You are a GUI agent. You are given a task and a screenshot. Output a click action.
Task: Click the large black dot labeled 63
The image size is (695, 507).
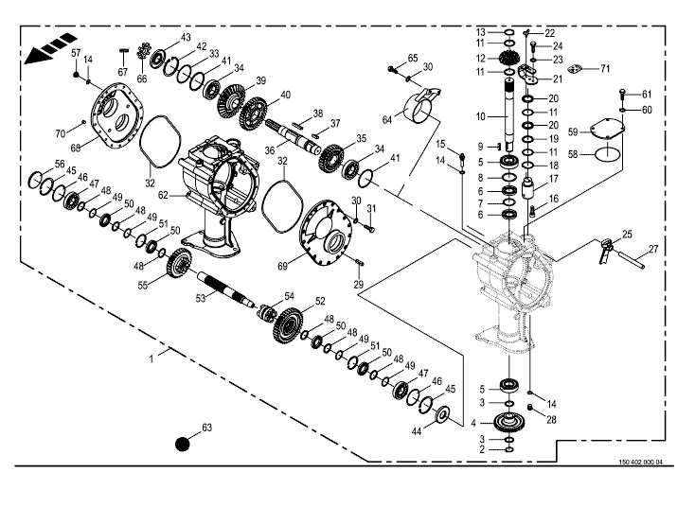183,444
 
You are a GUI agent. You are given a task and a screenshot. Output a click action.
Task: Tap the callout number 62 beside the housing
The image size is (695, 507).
163,195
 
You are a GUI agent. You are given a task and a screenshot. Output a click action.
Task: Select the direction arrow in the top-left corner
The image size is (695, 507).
50,48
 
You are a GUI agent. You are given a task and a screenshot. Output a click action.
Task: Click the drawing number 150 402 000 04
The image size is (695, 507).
640,462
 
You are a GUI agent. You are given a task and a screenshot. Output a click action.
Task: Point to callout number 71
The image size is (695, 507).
605,69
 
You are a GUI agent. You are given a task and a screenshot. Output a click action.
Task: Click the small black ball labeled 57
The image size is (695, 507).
77,75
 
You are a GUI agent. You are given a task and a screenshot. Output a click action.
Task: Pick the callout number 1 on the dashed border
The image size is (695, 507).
151,358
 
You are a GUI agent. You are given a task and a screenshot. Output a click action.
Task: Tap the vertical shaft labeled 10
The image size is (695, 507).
509,114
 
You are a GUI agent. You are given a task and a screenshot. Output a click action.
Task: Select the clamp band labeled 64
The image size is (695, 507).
422,106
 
